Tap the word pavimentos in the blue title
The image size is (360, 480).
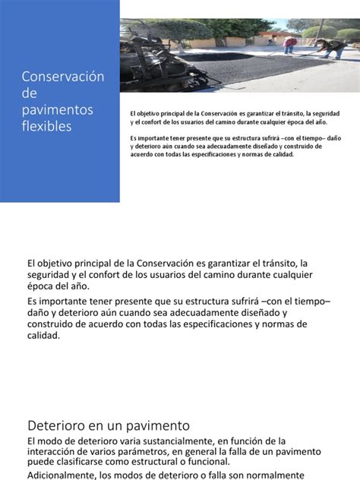(x=58, y=110)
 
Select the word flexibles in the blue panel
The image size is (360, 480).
(x=47, y=126)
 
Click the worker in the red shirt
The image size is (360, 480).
(x=289, y=45)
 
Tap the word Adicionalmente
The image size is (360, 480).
(x=64, y=475)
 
